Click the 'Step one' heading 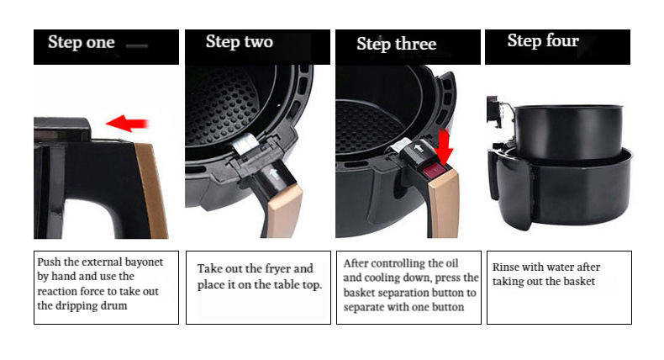(x=81, y=42)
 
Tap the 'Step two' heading (x=240, y=42)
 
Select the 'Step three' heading (x=397, y=44)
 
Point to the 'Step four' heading (x=543, y=41)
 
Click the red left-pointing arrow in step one (x=127, y=124)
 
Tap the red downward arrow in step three (x=444, y=146)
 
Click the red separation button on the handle (x=433, y=172)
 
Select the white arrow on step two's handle (x=273, y=174)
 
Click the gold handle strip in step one (x=152, y=191)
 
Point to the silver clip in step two (x=245, y=145)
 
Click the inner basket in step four (x=569, y=131)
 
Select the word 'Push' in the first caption (x=49, y=262)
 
